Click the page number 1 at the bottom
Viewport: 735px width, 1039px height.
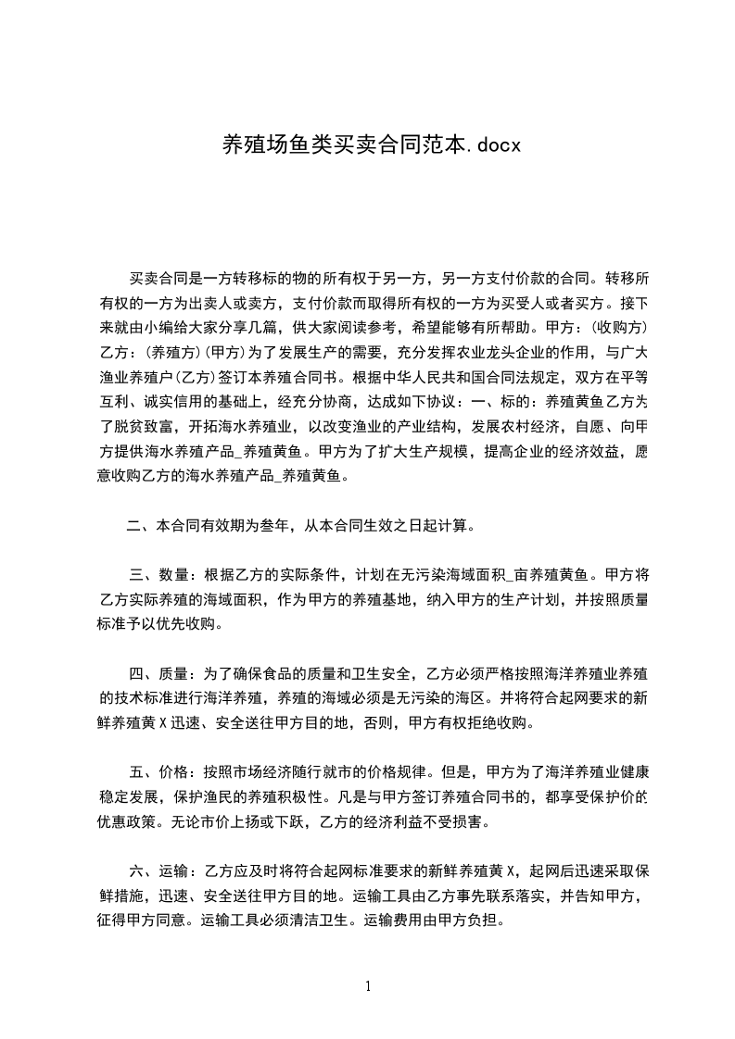click(x=368, y=985)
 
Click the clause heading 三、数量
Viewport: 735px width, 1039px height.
click(x=158, y=573)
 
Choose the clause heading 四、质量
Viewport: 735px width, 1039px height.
click(x=158, y=673)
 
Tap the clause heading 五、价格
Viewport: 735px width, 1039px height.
click(x=158, y=773)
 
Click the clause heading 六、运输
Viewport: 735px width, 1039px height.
click(x=158, y=873)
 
